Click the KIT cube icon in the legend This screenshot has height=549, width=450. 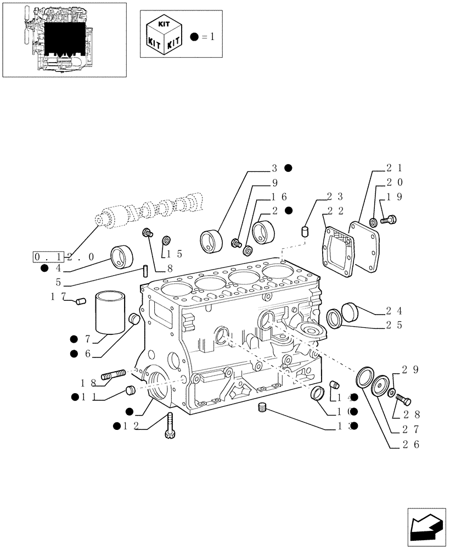pyautogui.click(x=164, y=34)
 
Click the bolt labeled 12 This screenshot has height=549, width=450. pyautogui.click(x=170, y=425)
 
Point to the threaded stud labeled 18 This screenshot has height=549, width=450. pyautogui.click(x=113, y=375)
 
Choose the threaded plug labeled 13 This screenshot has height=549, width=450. pyautogui.click(x=262, y=407)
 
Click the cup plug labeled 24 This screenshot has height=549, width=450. pyautogui.click(x=350, y=311)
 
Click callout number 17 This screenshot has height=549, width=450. pyautogui.click(x=58, y=296)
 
